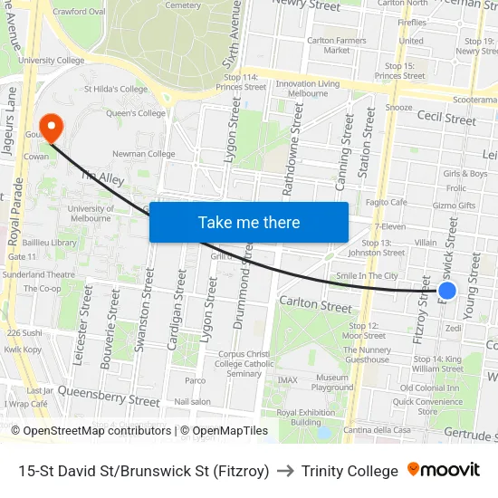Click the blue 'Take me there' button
[x=248, y=222]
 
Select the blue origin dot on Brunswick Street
[x=446, y=291]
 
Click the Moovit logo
[x=444, y=470]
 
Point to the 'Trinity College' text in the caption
[x=350, y=471]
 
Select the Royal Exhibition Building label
[x=299, y=417]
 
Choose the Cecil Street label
[x=446, y=119]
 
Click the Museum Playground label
[x=332, y=382]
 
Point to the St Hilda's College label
[x=115, y=89]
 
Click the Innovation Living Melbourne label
[x=308, y=89]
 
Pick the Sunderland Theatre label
[x=38, y=273]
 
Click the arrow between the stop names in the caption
[x=285, y=471]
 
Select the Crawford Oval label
[x=79, y=12]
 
